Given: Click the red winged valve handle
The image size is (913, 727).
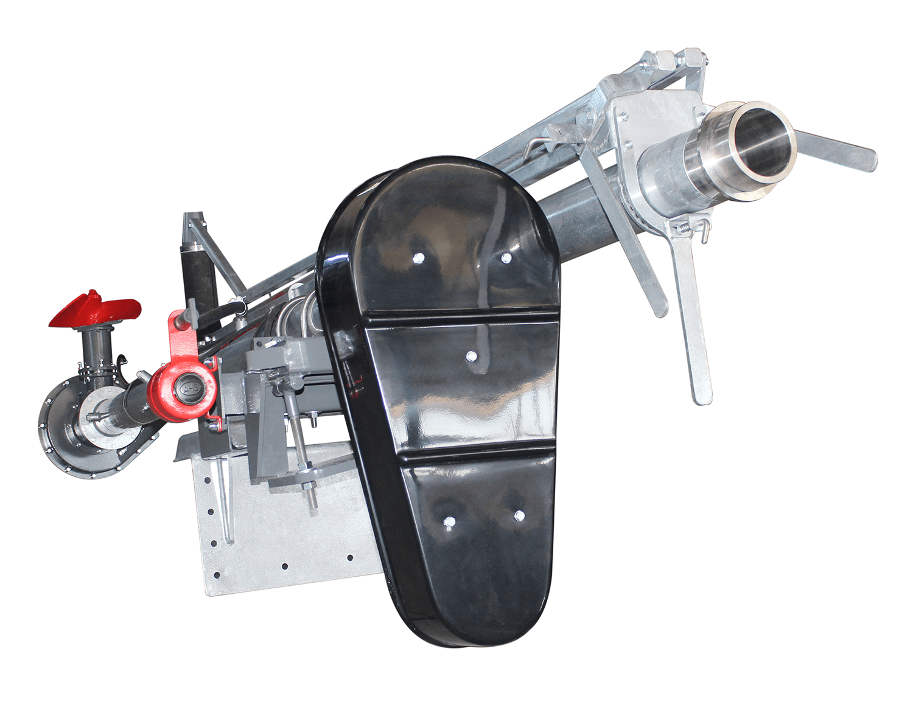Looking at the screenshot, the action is (x=94, y=310).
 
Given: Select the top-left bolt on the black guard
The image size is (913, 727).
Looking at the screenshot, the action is (x=419, y=257).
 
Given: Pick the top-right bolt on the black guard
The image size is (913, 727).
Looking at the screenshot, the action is (x=506, y=257).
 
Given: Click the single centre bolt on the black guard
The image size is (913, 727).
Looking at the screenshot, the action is (x=471, y=357).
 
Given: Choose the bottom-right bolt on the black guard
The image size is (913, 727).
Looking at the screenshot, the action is (x=519, y=515).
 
